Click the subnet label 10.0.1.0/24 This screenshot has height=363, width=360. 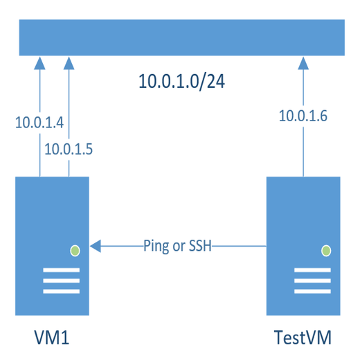click(181, 82)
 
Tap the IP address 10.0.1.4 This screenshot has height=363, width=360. click(39, 123)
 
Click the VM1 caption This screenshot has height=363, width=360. click(53, 339)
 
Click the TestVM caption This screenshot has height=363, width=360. click(303, 339)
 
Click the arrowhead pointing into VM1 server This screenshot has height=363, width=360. click(96, 245)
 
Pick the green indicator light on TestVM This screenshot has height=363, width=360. click(325, 250)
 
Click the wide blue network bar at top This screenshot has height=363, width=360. click(181, 38)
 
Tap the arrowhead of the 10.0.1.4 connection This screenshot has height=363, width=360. click(39, 63)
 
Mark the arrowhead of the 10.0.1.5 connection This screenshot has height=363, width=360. click(68, 63)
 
